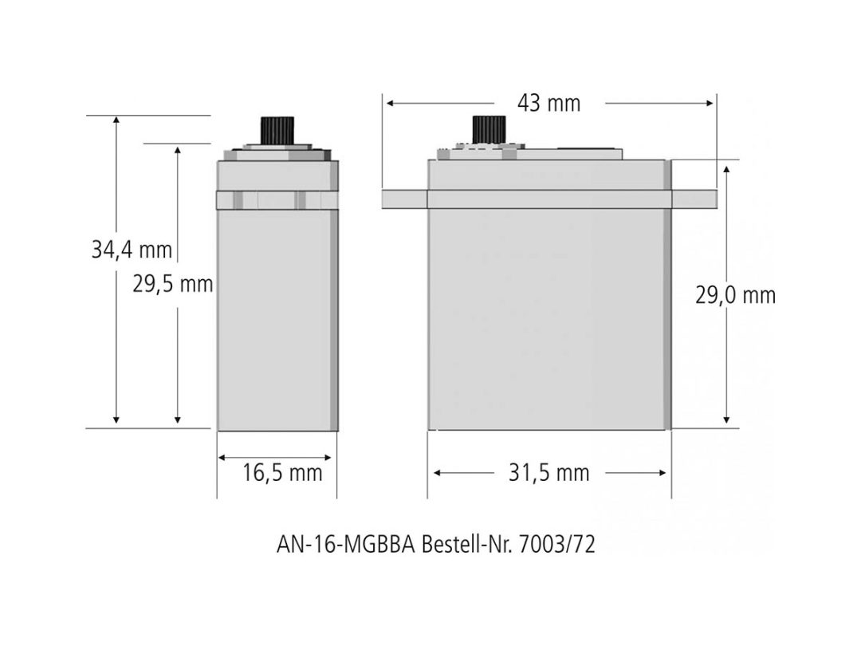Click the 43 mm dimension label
coord(548,103)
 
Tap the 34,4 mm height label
coord(132,250)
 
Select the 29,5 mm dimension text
coord(173,285)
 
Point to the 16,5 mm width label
coord(282,473)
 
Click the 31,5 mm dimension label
coord(548,473)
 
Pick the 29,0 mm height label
coord(736,296)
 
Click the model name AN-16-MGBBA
coord(346,545)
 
